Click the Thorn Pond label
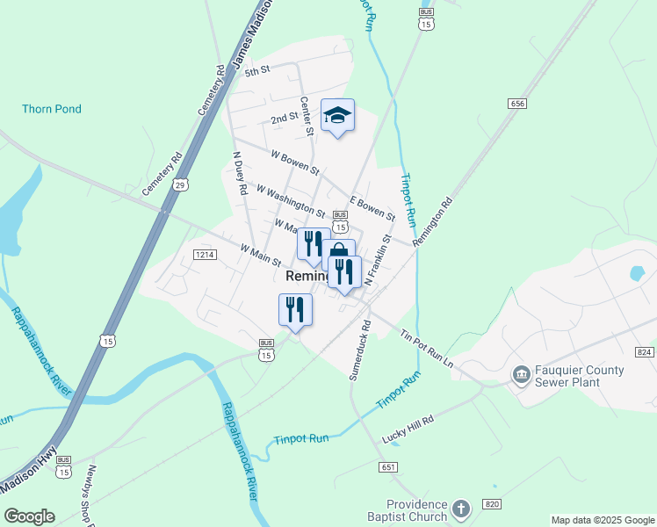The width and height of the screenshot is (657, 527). [x=52, y=109]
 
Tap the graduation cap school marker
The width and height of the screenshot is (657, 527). [x=337, y=116]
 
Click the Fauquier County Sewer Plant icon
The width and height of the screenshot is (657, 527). [x=521, y=375]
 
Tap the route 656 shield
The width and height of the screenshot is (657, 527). [x=516, y=104]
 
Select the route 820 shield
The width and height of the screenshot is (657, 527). [x=492, y=503]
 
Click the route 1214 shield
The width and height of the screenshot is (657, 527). [x=205, y=255]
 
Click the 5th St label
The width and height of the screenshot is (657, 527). [x=256, y=71]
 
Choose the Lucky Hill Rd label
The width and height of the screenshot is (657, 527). [x=408, y=429]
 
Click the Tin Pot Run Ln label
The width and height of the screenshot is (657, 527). [x=425, y=349]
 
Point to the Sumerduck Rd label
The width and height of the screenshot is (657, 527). [x=360, y=350]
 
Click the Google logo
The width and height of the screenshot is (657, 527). [x=29, y=516]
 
